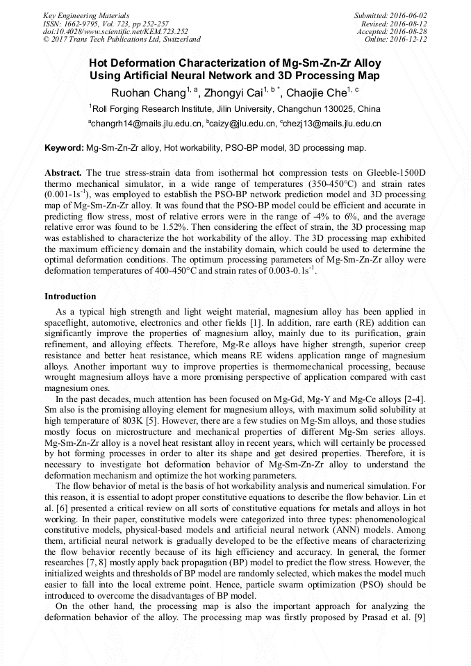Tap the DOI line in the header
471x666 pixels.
click(115, 31)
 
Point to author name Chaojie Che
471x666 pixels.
click(318, 92)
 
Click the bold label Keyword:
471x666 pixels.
click(64, 148)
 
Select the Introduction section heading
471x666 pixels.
click(70, 297)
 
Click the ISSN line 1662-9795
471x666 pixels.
click(90, 24)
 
